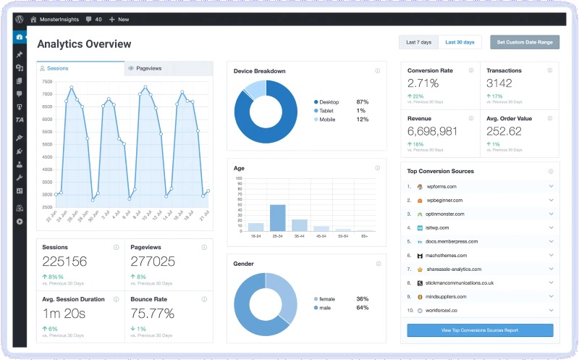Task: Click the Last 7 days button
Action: (x=418, y=43)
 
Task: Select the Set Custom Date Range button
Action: (x=525, y=43)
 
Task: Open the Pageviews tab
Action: (x=148, y=68)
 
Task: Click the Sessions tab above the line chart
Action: (x=58, y=68)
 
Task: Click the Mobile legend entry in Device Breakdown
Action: (x=327, y=120)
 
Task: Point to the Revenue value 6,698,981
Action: (x=432, y=131)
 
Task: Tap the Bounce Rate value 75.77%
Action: (x=152, y=313)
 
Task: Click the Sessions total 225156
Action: (x=64, y=261)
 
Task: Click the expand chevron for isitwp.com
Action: (x=551, y=227)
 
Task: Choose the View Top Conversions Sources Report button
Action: (x=480, y=330)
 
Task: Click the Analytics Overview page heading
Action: (x=84, y=44)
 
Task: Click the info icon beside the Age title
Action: (x=377, y=168)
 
